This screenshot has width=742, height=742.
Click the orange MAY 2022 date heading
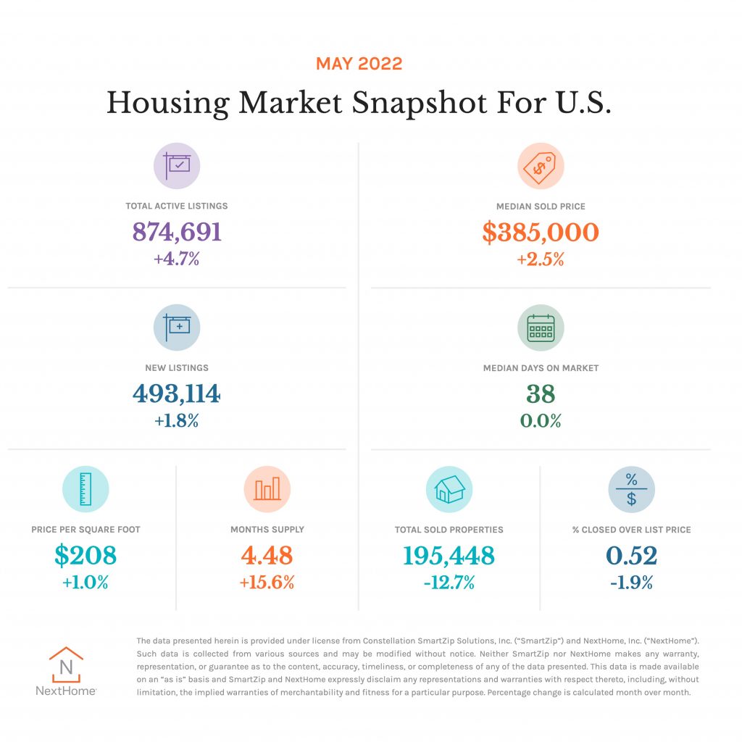(359, 64)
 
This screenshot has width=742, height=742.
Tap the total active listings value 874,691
(177, 232)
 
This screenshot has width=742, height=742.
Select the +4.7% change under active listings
(177, 258)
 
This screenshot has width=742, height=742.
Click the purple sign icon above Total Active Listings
(177, 165)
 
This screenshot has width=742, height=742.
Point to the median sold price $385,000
(541, 232)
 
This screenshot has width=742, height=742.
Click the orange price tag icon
(541, 165)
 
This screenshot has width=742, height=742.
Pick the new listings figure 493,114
(177, 393)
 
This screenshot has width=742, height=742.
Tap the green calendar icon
(541, 328)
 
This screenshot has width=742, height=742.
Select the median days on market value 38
(541, 393)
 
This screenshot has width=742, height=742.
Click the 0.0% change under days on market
(541, 420)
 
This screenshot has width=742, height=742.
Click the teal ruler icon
(86, 489)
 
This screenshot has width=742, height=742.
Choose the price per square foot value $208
(86, 556)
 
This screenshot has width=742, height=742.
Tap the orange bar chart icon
(267, 489)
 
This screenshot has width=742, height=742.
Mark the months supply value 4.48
(267, 556)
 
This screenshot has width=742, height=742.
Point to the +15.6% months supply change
(267, 582)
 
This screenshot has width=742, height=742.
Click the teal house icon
(449, 489)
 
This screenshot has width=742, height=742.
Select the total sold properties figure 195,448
(449, 556)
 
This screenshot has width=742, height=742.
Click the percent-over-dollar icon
(631, 489)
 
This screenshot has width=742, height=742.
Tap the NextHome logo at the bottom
(66, 671)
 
